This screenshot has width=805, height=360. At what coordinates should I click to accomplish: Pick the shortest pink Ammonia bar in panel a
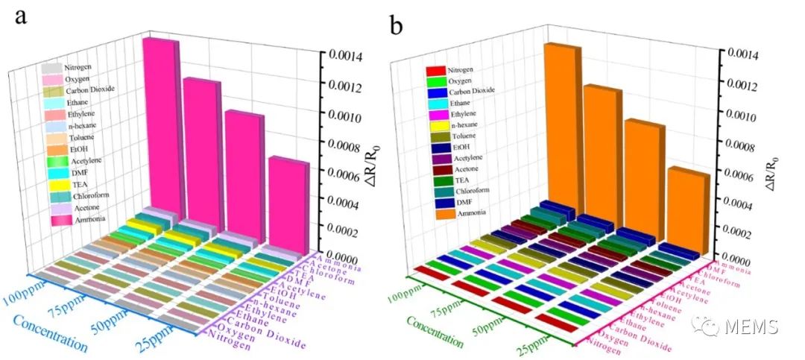click(285, 205)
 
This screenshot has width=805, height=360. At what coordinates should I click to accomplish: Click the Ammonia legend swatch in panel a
click(62, 219)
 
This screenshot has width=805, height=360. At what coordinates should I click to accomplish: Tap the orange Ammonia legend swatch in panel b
click(435, 213)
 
